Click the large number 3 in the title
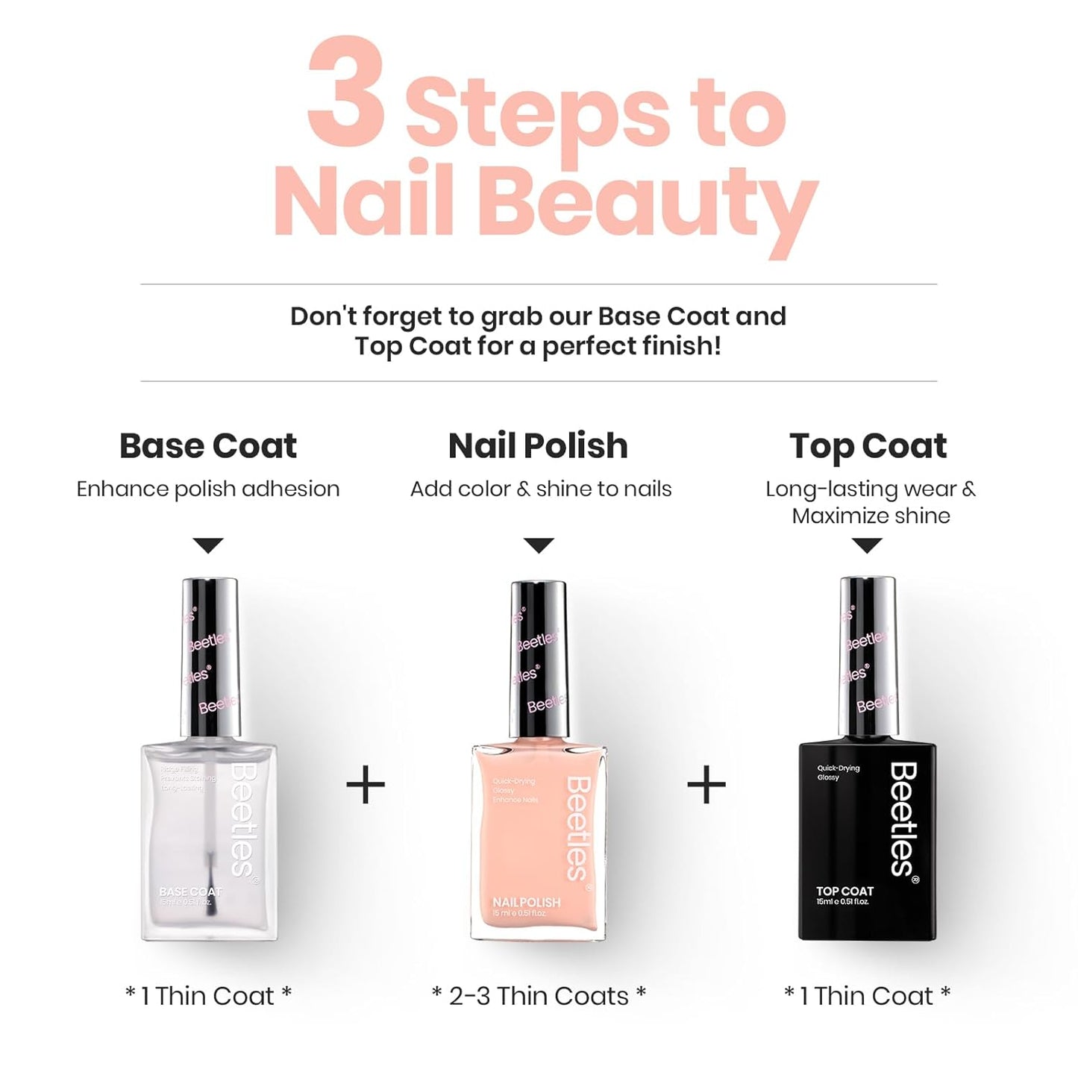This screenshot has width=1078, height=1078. click(347, 93)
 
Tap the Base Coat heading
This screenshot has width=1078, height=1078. click(208, 446)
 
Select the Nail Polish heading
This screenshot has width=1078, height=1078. click(538, 446)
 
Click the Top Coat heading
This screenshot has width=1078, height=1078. click(868, 446)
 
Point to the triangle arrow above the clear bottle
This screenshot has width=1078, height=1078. click(208, 545)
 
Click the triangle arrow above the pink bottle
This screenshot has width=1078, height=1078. click(539, 545)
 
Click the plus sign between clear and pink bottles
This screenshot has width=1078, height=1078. click(366, 785)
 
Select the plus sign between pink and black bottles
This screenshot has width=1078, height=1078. click(706, 785)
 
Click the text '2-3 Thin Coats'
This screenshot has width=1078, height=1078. click(539, 996)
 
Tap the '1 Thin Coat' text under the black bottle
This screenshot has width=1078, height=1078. click(867, 996)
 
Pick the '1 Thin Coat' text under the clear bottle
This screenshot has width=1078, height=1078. click(208, 996)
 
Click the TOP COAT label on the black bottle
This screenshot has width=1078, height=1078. click(844, 891)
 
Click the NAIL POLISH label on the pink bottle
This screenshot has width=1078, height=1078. click(526, 903)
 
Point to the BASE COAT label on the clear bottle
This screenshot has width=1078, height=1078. click(189, 892)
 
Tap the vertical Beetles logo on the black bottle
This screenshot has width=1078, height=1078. click(903, 818)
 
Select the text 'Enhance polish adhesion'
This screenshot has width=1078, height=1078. click(208, 489)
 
